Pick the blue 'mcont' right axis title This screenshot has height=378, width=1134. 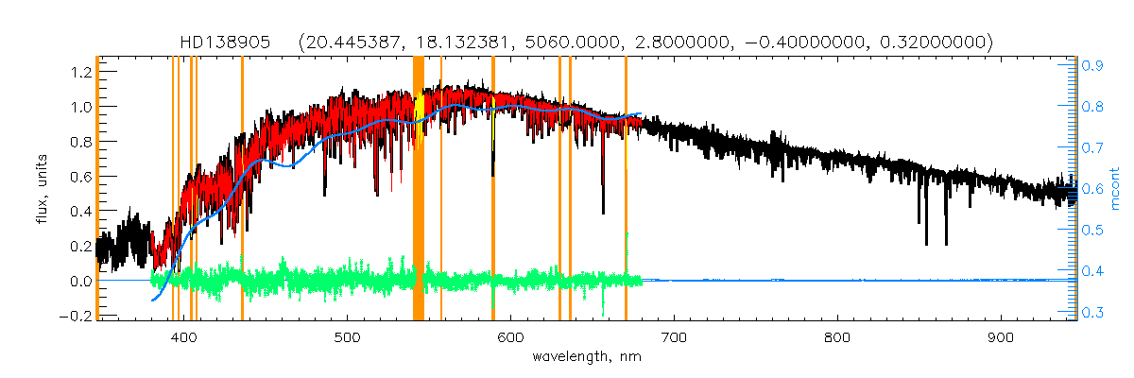[1115, 189]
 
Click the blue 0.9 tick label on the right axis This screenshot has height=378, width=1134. [1092, 66]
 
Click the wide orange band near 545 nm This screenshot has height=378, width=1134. [419, 189]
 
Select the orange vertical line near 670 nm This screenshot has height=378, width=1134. [626, 189]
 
